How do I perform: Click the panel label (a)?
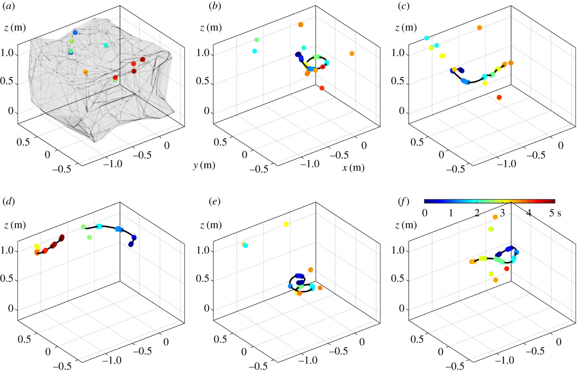pyautogui.click(x=9, y=7)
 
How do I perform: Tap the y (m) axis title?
pyautogui.click(x=204, y=165)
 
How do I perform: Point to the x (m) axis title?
pyautogui.click(x=353, y=168)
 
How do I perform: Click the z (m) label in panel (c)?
pyautogui.click(x=406, y=28)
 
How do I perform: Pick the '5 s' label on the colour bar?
pyautogui.click(x=555, y=213)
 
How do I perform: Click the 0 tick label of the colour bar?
pyautogui.click(x=425, y=213)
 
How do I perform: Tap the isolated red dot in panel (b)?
pyautogui.click(x=322, y=88)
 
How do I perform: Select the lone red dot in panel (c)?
pyautogui.click(x=499, y=98)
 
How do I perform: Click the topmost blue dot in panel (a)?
pyautogui.click(x=75, y=33)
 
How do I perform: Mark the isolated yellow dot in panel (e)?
pyautogui.click(x=286, y=224)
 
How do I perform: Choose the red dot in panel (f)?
pyautogui.click(x=506, y=269)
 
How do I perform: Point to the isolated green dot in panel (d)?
pyautogui.click(x=89, y=237)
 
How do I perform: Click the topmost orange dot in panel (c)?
pyautogui.click(x=479, y=27)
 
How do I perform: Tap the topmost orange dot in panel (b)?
pyautogui.click(x=301, y=25)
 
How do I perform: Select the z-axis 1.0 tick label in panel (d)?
pyautogui.click(x=7, y=250)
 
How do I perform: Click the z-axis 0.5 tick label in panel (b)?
pyautogui.click(x=203, y=81)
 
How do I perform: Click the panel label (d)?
pyautogui.click(x=9, y=202)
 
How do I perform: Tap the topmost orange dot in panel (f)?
pyautogui.click(x=495, y=217)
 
